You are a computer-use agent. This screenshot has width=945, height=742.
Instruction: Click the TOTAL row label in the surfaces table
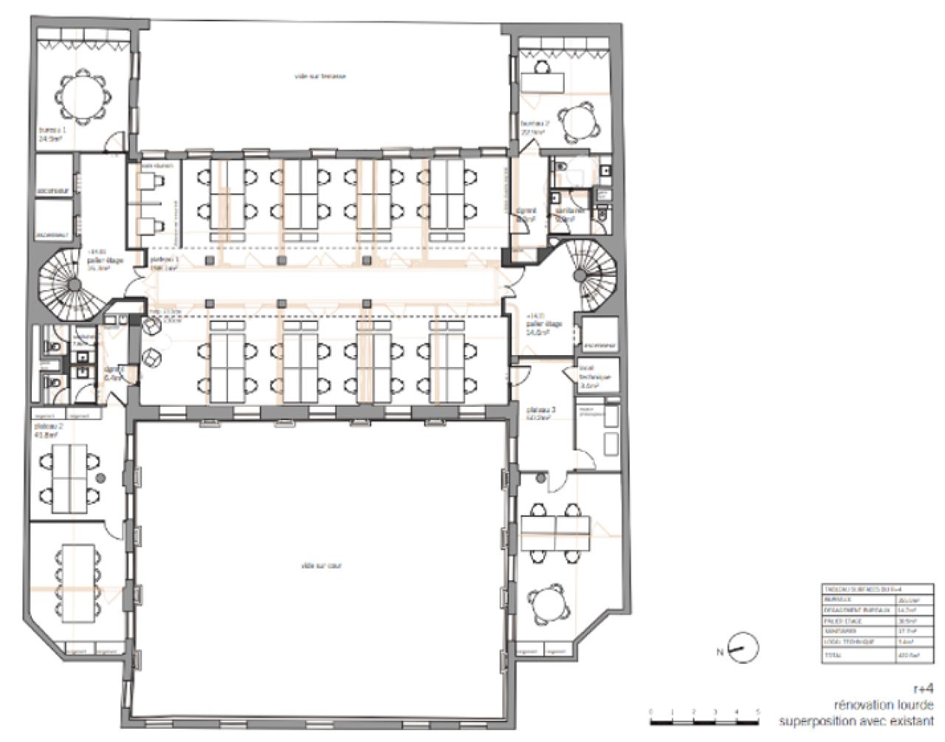click(x=833, y=655)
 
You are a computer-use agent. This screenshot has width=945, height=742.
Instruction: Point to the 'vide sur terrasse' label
click(x=319, y=76)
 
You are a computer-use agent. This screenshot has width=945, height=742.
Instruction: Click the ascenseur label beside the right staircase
click(x=599, y=345)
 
